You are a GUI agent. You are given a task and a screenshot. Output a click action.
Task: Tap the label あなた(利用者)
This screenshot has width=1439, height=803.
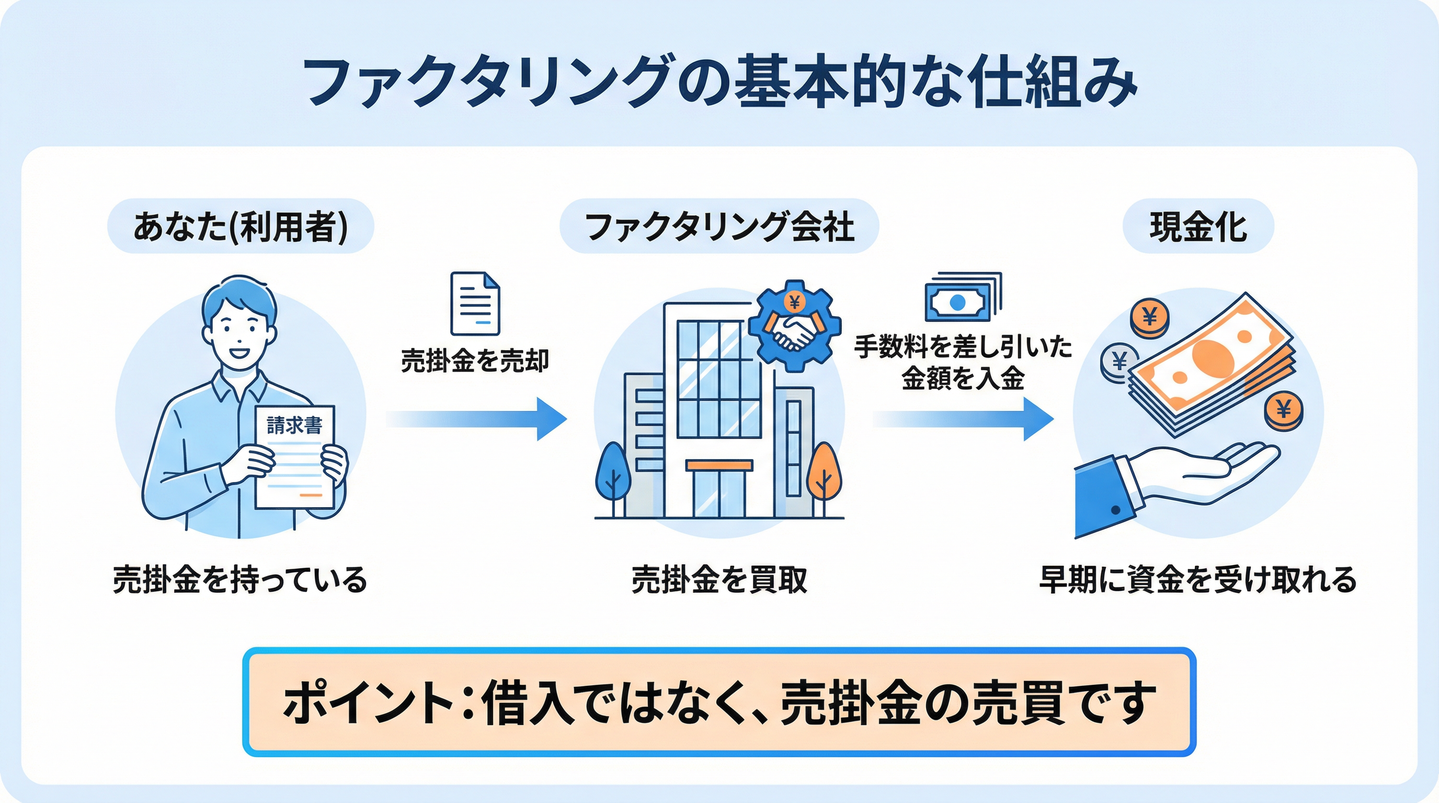tap(240, 227)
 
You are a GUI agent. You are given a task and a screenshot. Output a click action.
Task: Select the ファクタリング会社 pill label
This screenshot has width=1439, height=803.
tap(719, 227)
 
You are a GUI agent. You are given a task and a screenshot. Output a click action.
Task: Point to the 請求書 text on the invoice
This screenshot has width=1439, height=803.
tap(294, 426)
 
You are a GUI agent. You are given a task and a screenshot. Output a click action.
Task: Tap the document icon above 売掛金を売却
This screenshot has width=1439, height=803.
tap(475, 303)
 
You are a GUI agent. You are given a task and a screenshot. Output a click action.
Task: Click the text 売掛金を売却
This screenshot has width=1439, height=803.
tap(475, 360)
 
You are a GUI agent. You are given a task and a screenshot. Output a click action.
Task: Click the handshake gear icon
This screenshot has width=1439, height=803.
tap(794, 327)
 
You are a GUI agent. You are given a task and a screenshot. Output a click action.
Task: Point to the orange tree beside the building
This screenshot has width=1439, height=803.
tap(824, 475)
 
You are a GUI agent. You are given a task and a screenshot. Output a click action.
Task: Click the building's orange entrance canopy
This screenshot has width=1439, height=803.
tap(719, 465)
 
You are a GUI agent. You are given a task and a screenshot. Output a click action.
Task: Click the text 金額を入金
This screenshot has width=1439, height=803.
tap(963, 378)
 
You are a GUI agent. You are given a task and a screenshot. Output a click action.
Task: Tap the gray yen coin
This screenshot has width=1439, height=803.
tap(1120, 362)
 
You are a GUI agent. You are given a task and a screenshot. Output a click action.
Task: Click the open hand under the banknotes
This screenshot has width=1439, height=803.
tap(1201, 475)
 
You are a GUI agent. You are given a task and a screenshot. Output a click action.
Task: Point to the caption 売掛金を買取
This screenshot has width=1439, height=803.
tap(719, 580)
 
